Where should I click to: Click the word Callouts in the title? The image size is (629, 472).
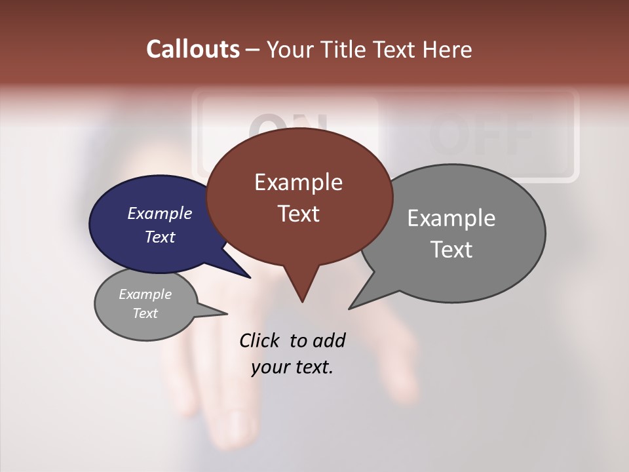click(193, 49)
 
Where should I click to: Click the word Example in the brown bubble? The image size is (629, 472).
click(298, 182)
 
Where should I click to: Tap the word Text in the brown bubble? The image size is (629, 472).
click(298, 214)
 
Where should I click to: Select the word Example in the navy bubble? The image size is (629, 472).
click(160, 213)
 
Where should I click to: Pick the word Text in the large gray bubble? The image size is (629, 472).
click(451, 250)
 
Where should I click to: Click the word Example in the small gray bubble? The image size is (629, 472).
click(145, 294)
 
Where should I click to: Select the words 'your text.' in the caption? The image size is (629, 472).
click(292, 368)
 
